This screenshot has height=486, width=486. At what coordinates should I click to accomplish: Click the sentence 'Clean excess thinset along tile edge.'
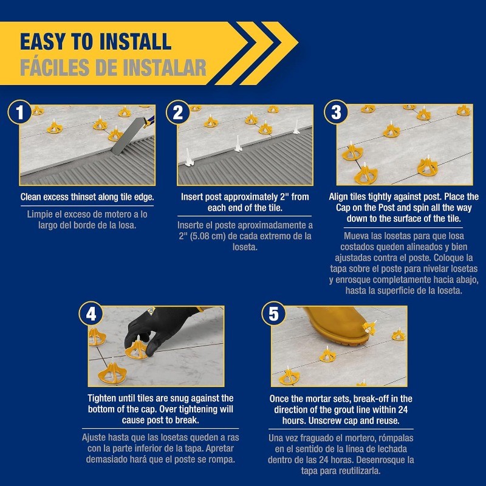(87, 197)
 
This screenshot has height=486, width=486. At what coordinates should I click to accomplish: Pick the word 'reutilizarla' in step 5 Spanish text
(368, 470)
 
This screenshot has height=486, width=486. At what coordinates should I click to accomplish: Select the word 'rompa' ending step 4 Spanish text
(222, 459)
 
